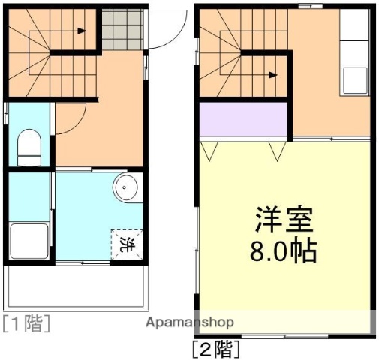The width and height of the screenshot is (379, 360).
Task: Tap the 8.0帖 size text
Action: (283, 250)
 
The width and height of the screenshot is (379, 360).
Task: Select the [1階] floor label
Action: (26, 324)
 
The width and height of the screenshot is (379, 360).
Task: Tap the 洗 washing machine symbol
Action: (126, 243)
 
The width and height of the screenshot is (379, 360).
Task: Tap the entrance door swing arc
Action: (161, 30)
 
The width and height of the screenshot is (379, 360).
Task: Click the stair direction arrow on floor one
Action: (80, 31)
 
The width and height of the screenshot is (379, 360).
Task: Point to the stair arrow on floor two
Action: (272, 74)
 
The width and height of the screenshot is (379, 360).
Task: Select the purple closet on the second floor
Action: (243, 120)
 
